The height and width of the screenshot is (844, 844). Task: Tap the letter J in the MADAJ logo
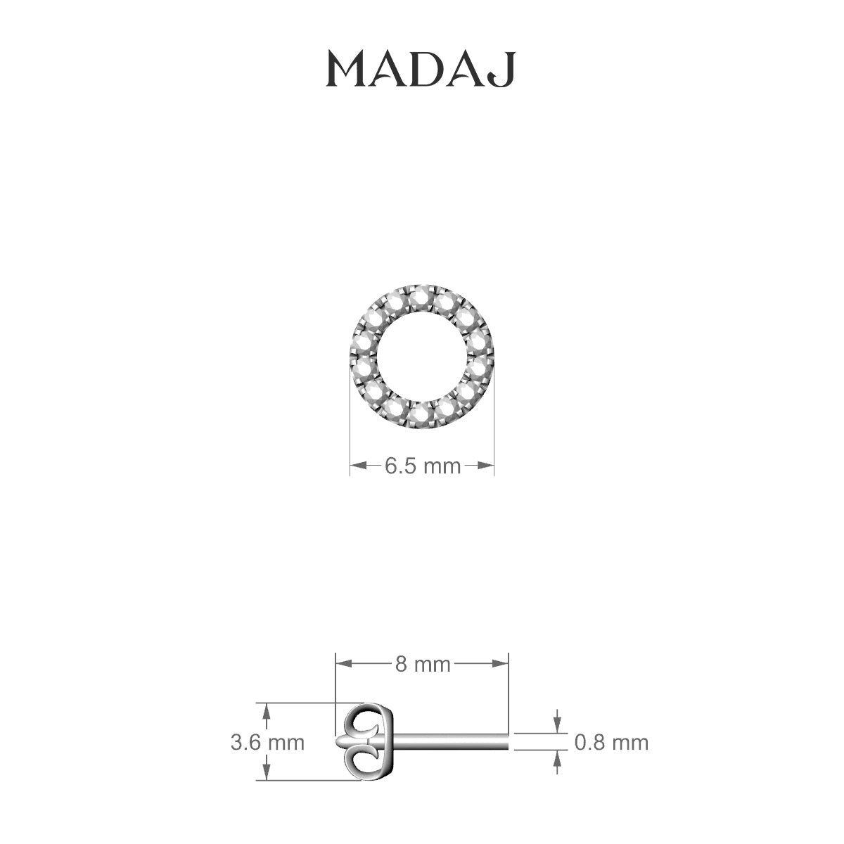click(505, 70)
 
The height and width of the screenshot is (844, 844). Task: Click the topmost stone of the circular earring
click(423, 293)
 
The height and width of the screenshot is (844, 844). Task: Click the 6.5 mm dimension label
click(422, 466)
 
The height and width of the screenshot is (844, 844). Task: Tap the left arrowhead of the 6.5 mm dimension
click(357, 465)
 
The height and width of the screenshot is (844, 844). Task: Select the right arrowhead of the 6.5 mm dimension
click(487, 465)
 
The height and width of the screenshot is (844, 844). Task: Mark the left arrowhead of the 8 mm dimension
click(342, 663)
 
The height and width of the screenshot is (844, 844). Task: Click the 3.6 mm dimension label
click(267, 742)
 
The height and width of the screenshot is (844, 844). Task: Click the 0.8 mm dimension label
click(611, 742)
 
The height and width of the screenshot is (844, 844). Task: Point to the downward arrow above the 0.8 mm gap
click(558, 725)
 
